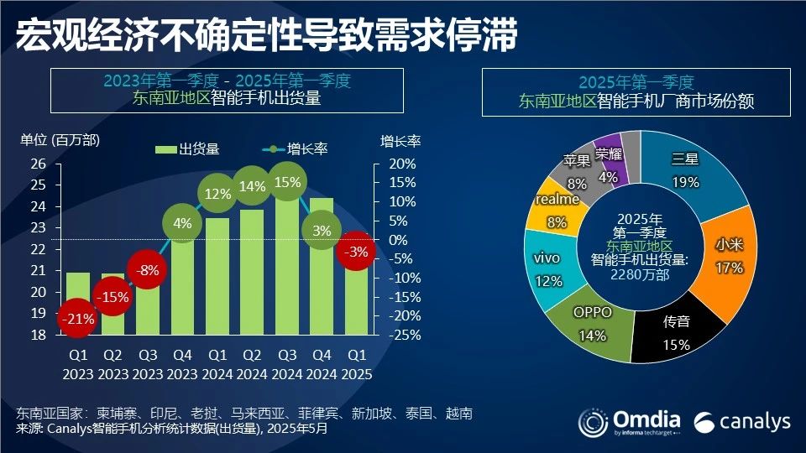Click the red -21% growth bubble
77,320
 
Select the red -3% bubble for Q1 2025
357,251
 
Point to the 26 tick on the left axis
37,164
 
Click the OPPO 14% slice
593,323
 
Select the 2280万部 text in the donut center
641,274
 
